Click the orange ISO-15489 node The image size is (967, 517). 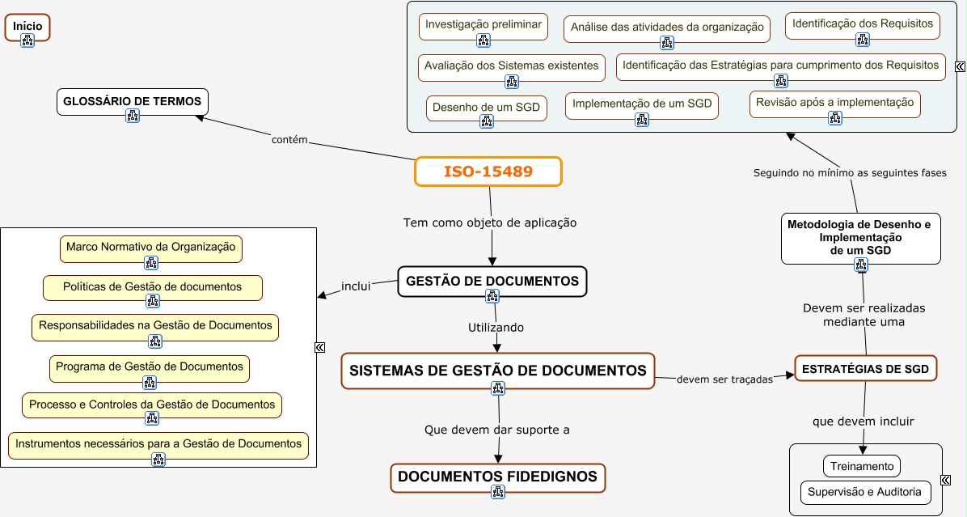point(488,172)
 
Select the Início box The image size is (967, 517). point(27,28)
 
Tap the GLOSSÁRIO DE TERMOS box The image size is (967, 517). point(133,102)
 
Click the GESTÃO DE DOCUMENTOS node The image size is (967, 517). point(492,282)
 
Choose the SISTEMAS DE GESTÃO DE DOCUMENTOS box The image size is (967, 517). point(498,371)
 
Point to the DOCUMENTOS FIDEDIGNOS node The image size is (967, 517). point(498,477)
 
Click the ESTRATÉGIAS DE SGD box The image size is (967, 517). point(865,368)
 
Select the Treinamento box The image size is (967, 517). point(862,466)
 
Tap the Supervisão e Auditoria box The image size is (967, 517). point(864,492)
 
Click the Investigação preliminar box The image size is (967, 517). point(483,27)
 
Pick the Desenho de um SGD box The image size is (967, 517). point(487,108)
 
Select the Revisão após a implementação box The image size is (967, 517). point(835,104)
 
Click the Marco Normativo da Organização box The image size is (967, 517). point(151,248)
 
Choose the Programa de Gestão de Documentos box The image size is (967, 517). point(150,368)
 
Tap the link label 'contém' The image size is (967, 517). point(289,140)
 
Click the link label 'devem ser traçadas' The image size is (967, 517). point(724,379)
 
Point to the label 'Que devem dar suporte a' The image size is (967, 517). point(497,430)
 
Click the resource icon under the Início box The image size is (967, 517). point(27,40)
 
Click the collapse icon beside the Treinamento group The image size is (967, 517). point(946,480)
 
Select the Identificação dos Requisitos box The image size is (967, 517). point(863,26)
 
